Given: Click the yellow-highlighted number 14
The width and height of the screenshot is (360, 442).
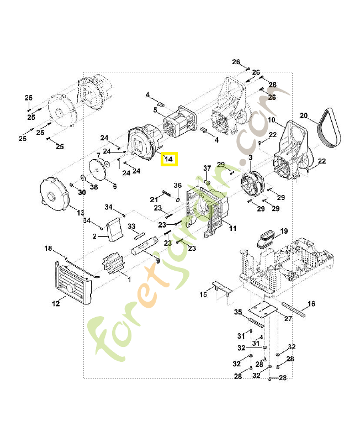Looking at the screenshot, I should (x=169, y=159).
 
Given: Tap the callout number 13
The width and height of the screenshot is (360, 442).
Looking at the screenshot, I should (x=80, y=213).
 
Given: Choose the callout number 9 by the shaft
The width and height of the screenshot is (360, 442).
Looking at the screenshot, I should (x=158, y=261).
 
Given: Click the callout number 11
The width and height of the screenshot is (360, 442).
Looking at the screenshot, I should (x=232, y=228).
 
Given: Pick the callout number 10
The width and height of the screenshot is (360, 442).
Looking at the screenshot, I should (x=271, y=120).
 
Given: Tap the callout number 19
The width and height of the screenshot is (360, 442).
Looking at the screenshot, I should (x=284, y=230).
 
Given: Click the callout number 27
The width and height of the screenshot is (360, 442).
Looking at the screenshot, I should (x=288, y=319).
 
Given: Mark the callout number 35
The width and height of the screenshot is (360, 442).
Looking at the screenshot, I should (x=238, y=312).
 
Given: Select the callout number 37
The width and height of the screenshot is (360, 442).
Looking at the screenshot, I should (x=207, y=167).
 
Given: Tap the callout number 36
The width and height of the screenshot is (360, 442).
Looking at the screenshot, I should (x=177, y=185).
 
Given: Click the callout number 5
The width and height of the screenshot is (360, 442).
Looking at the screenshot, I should (x=155, y=110).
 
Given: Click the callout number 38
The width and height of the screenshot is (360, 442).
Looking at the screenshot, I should (x=94, y=187).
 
